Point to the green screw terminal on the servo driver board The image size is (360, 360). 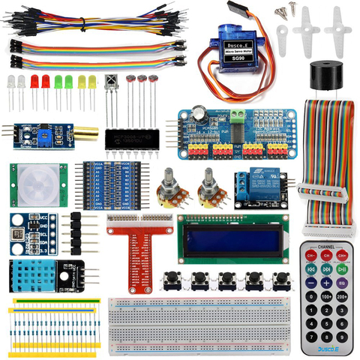pos(237,116)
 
